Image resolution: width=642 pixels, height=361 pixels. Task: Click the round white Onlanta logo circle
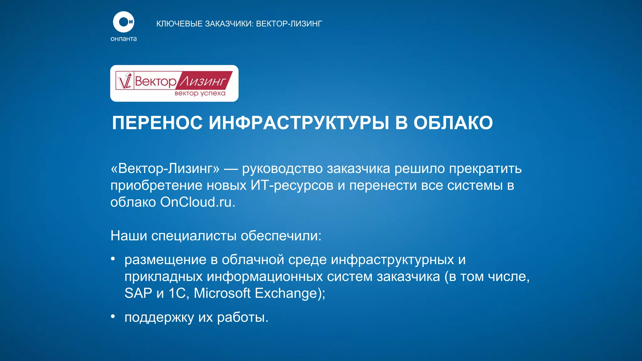124,22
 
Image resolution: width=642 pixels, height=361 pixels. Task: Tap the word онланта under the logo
124,39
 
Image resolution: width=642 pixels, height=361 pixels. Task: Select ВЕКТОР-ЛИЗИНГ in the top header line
289,24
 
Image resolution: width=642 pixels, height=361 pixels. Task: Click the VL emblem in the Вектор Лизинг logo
125,81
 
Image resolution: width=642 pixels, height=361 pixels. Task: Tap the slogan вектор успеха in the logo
200,93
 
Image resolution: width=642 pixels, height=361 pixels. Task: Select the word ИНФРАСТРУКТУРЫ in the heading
299,123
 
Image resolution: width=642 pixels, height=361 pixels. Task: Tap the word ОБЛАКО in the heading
453,123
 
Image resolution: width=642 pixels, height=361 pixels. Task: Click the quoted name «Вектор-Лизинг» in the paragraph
165,169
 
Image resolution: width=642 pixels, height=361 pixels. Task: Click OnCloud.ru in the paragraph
197,202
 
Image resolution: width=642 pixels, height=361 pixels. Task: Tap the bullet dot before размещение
113,259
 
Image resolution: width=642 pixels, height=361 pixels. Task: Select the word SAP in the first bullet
138,293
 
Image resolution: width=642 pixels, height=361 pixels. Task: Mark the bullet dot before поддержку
113,317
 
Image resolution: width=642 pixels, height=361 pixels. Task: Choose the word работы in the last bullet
243,317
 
